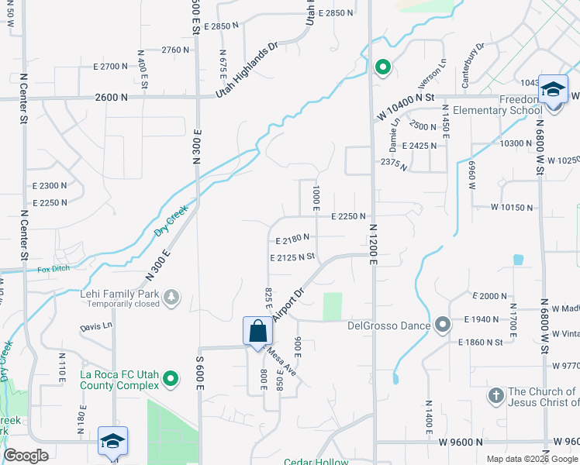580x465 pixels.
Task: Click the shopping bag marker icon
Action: point(258,330)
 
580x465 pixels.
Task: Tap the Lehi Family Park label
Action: point(118,295)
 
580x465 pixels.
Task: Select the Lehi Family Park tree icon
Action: point(171,296)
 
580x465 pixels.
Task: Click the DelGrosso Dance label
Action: point(394,325)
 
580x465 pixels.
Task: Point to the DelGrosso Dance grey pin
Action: point(443,324)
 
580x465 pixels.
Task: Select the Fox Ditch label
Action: point(54,270)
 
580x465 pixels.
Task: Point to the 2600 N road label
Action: point(112,98)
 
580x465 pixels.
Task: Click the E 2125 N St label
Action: point(292,257)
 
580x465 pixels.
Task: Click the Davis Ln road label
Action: point(95,327)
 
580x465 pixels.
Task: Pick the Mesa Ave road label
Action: point(280,362)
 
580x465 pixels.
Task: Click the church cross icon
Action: point(496,396)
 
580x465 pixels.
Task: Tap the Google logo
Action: point(26,456)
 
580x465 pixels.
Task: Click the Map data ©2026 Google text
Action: point(531,458)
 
